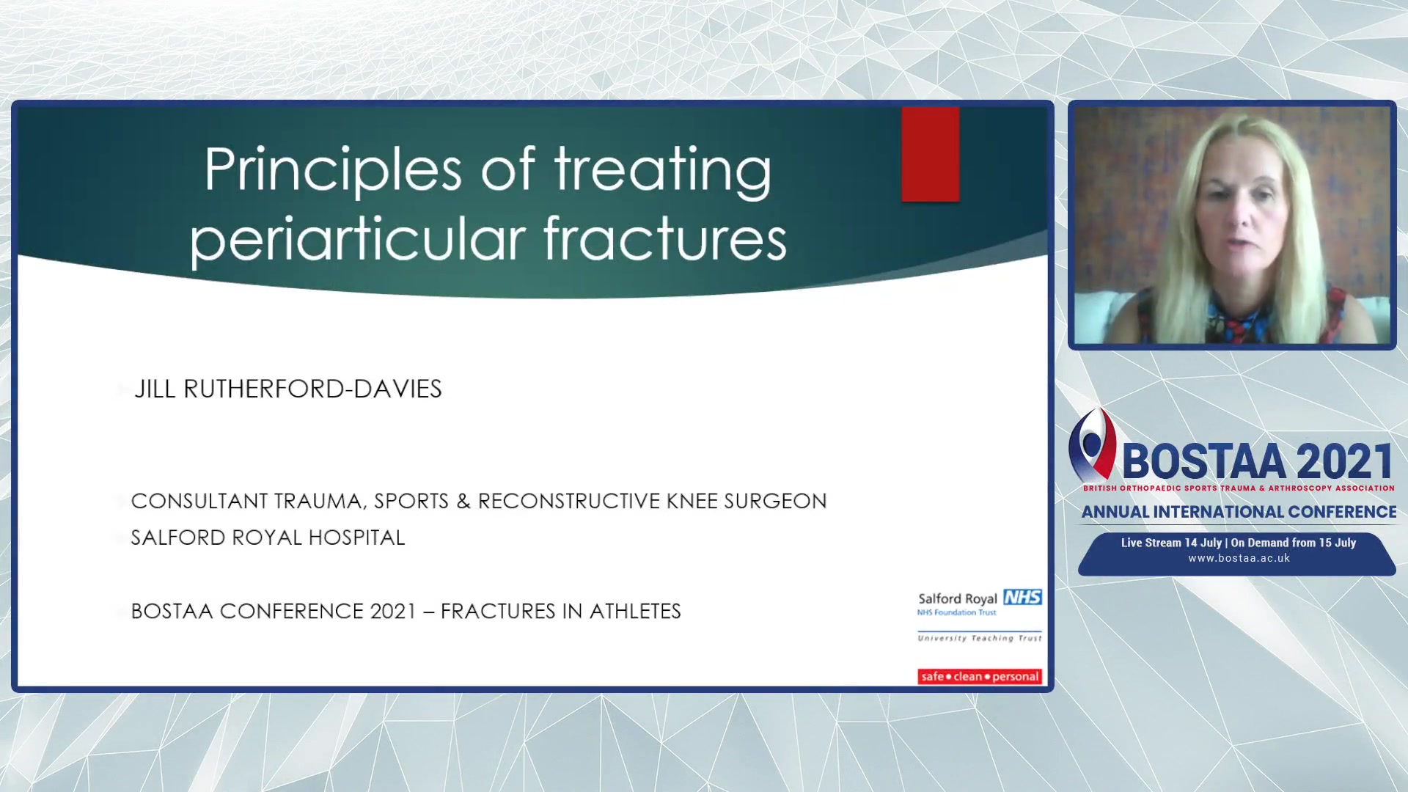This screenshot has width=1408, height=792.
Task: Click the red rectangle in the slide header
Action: pyautogui.click(x=931, y=154)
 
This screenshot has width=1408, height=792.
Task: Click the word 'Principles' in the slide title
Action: pyautogui.click(x=332, y=171)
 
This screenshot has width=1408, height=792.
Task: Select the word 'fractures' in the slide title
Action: pyautogui.click(x=664, y=238)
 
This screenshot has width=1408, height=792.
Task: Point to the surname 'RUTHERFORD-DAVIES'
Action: pyautogui.click(x=312, y=389)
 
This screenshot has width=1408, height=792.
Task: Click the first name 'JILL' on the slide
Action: pyautogui.click(x=155, y=389)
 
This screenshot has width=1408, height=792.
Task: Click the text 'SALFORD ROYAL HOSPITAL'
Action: pyautogui.click(x=268, y=538)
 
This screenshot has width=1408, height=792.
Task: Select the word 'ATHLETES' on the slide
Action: pyautogui.click(x=635, y=611)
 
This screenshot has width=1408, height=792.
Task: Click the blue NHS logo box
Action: pyautogui.click(x=1022, y=597)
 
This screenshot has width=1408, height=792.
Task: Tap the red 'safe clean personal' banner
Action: pyautogui.click(x=980, y=676)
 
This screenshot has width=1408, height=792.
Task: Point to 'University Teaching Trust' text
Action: pyautogui.click(x=980, y=638)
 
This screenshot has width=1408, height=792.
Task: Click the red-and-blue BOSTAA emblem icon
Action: pyautogui.click(x=1092, y=444)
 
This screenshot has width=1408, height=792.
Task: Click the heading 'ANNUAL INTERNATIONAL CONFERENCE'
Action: pyautogui.click(x=1239, y=512)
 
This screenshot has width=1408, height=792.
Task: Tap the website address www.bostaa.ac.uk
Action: pyautogui.click(x=1239, y=558)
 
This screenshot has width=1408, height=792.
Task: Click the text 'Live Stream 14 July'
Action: pyautogui.click(x=1171, y=543)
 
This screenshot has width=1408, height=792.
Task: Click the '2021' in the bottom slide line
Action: pyautogui.click(x=393, y=611)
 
